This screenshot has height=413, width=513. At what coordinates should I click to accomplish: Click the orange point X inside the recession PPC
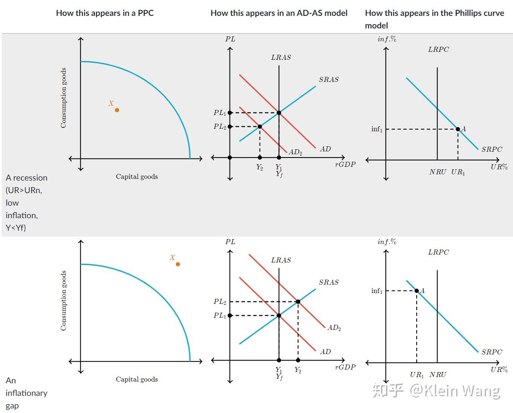[x=117, y=110]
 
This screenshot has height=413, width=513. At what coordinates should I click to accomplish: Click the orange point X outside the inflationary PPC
[x=178, y=264]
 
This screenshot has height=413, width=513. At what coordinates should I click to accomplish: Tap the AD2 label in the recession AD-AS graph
[x=295, y=153]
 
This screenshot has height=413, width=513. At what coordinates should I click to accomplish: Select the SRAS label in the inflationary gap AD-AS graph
[x=329, y=283]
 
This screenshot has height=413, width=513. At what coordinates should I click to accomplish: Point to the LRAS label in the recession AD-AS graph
[x=281, y=58]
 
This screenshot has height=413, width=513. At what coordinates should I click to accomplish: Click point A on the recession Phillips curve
[x=458, y=129]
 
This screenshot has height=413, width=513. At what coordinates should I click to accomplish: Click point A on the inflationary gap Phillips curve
[x=417, y=291]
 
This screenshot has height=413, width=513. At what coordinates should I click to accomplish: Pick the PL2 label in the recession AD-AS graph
[x=220, y=127]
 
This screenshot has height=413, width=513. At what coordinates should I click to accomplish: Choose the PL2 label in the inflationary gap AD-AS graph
[x=220, y=302]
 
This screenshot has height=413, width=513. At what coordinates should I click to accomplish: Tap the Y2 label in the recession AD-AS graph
[x=260, y=167]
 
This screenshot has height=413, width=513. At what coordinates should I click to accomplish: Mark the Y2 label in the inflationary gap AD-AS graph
[x=298, y=370]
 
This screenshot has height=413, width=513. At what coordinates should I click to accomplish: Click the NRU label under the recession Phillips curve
[x=438, y=172]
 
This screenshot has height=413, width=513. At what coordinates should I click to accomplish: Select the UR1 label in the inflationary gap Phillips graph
[x=417, y=375]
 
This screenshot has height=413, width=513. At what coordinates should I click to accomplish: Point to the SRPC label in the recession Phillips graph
[x=492, y=149]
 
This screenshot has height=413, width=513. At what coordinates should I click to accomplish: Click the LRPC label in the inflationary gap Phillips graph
[x=438, y=252]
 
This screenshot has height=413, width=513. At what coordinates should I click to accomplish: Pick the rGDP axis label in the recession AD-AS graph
[x=345, y=165]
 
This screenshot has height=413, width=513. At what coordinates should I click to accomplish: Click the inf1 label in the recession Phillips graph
[x=377, y=129]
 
